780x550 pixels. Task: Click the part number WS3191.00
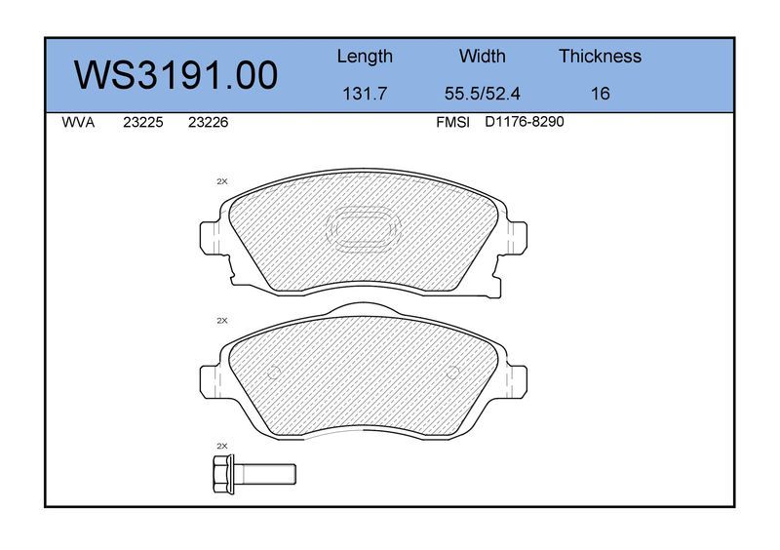[x=176, y=75]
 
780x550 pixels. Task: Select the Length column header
[x=365, y=57]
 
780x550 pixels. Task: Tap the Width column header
[x=482, y=56]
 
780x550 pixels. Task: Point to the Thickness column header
[x=600, y=56]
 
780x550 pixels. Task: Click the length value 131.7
[x=365, y=94]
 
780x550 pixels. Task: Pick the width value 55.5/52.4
[x=482, y=94]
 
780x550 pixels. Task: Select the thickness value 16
[x=600, y=94]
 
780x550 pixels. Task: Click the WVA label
[x=78, y=123]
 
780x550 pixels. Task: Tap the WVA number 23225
[x=143, y=123]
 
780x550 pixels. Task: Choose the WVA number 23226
[x=208, y=123]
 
